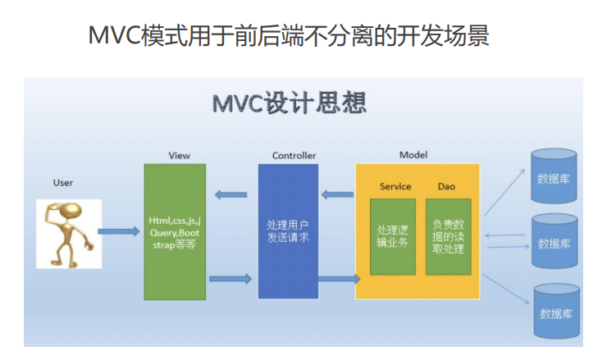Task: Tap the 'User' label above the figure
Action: pos(63,182)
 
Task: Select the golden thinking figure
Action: pos(69,233)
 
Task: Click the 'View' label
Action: pos(179,155)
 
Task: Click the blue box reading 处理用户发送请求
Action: pos(288,231)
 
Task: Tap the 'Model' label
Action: pos(413,155)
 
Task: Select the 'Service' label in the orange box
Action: pos(395,187)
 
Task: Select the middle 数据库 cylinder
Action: pos(553,242)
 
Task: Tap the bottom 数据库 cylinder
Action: pos(553,311)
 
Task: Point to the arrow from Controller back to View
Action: pos(230,195)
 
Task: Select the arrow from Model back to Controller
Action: pos(336,195)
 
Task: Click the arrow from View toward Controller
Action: pos(230,279)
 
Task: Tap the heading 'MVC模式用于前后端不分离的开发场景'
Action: pos(289,36)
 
